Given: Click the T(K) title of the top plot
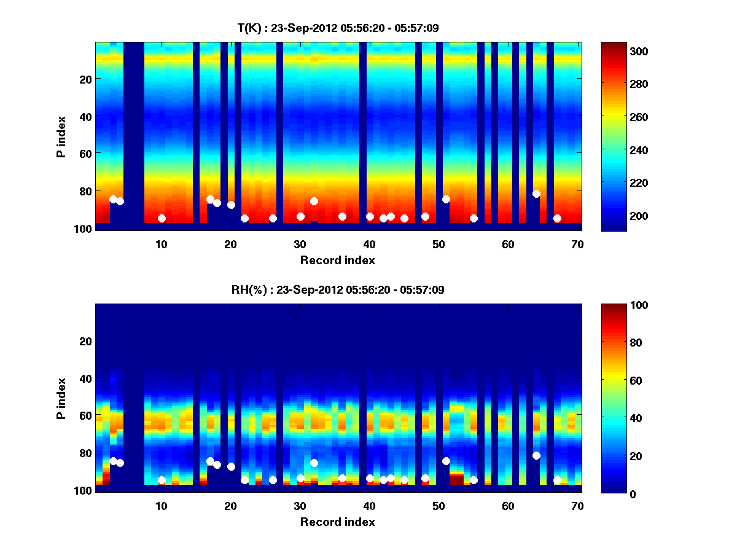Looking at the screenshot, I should [x=338, y=28].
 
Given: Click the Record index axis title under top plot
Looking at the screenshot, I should [x=337, y=260].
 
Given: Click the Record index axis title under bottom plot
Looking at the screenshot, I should [x=337, y=522].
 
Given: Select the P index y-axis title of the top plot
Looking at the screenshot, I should [x=61, y=136].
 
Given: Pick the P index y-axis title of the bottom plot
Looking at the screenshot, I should [x=61, y=398].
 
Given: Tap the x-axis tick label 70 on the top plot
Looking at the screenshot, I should [x=578, y=244].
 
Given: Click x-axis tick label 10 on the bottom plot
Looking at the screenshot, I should [x=162, y=506].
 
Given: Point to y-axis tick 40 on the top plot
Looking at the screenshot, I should [x=85, y=116].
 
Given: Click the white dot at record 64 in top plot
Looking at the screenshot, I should [x=536, y=194].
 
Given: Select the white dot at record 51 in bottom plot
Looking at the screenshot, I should [x=446, y=461].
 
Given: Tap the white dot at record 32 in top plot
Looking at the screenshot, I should [x=314, y=201].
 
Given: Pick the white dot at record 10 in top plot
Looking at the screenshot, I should [x=162, y=218].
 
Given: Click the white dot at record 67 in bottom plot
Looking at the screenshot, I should [x=557, y=480].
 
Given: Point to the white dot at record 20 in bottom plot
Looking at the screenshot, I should [x=231, y=466].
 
